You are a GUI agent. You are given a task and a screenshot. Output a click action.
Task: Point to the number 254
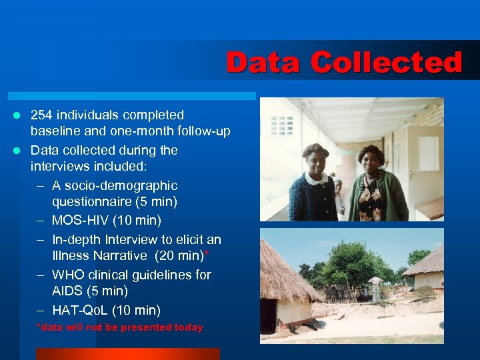pos(43,115)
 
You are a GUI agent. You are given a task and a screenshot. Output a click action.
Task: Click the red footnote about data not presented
pos(120,327)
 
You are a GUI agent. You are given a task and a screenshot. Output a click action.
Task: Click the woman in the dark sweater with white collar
pos(313,187)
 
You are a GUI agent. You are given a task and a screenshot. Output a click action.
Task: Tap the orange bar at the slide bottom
pos(127,354)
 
